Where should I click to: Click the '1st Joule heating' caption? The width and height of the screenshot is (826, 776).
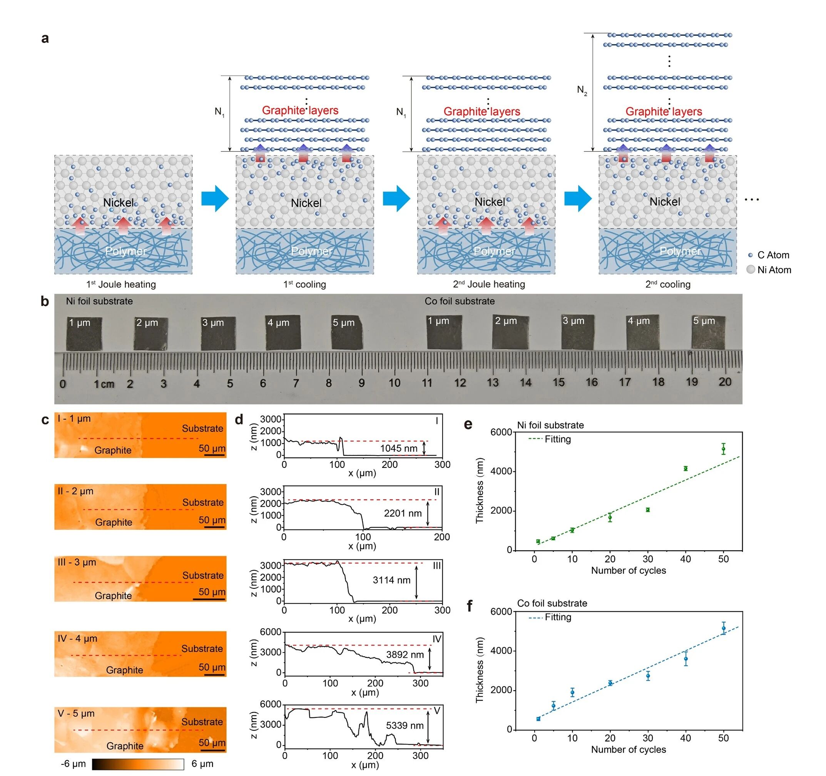121,284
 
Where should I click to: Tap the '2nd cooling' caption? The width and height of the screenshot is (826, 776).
668,284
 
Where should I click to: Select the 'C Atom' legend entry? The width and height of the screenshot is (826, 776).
772,255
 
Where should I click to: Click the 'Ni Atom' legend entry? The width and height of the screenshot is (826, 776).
774,270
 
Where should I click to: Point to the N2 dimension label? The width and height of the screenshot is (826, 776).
582,90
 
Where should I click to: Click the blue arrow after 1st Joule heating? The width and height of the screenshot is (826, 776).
215,198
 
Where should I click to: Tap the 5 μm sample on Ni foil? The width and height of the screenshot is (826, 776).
347,332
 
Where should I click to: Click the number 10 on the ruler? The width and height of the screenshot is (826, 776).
394,382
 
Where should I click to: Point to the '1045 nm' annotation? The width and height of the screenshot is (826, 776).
398,448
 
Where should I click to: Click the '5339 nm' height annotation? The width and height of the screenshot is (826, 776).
405,725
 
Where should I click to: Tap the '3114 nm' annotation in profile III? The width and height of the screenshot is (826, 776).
391,580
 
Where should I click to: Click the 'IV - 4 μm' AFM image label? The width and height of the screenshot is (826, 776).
77,639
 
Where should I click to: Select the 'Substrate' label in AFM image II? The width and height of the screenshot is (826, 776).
203,502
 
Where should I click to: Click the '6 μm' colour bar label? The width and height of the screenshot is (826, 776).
202,764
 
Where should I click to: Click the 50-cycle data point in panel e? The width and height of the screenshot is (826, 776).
723,449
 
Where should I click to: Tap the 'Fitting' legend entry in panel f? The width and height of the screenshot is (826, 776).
558,617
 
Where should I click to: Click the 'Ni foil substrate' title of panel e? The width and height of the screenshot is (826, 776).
550,425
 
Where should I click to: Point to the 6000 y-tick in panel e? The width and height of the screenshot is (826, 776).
501,432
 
